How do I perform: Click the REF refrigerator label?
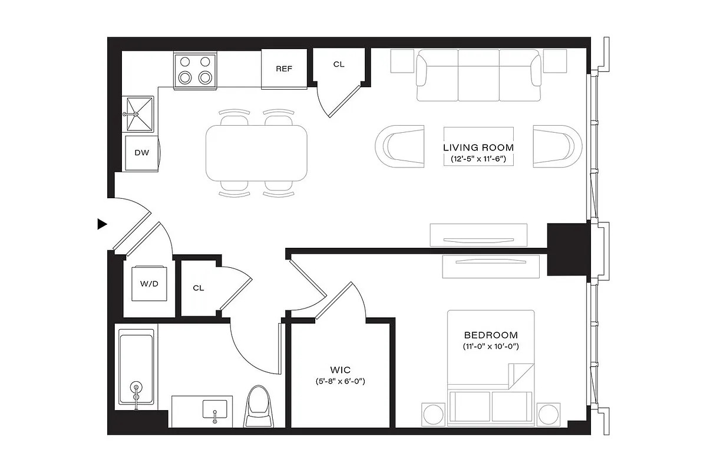(284, 68)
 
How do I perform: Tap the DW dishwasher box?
(141, 153)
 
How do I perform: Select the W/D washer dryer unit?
(149, 284)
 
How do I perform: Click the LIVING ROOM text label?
(478, 147)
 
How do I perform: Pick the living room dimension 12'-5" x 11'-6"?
(478, 159)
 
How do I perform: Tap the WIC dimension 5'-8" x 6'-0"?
(341, 381)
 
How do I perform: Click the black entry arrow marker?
(102, 224)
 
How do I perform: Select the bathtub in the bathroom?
(136, 368)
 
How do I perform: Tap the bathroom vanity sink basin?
(215, 408)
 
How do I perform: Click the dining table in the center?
(256, 152)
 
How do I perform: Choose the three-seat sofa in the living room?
(478, 75)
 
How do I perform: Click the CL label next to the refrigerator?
(339, 64)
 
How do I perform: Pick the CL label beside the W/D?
(199, 289)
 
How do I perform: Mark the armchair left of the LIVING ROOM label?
(399, 145)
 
